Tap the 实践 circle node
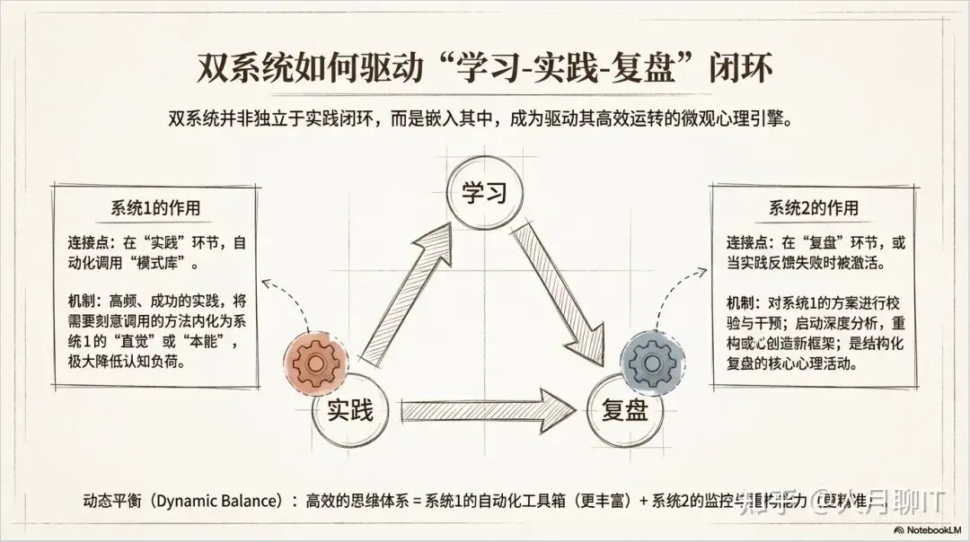click(348, 411)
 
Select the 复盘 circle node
click(620, 411)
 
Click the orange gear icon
click(315, 363)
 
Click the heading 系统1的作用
click(155, 208)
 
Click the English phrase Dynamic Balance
click(215, 501)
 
